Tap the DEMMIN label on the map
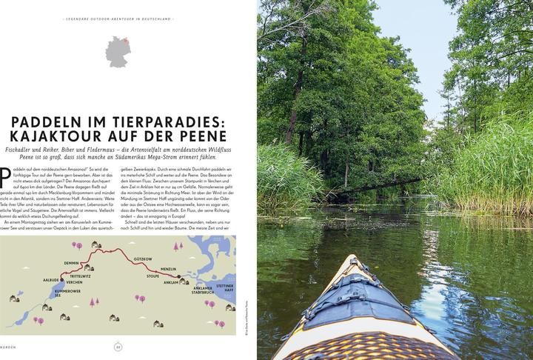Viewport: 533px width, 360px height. pos(72,262)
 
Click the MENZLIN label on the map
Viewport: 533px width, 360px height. pos(170,268)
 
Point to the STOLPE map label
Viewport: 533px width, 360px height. pos(153,276)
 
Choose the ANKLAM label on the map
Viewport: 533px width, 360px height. pos(170,281)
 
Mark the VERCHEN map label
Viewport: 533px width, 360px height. pos(76,282)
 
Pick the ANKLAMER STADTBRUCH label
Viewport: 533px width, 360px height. pos(201,290)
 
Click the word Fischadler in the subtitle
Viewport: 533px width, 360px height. pos(20,150)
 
